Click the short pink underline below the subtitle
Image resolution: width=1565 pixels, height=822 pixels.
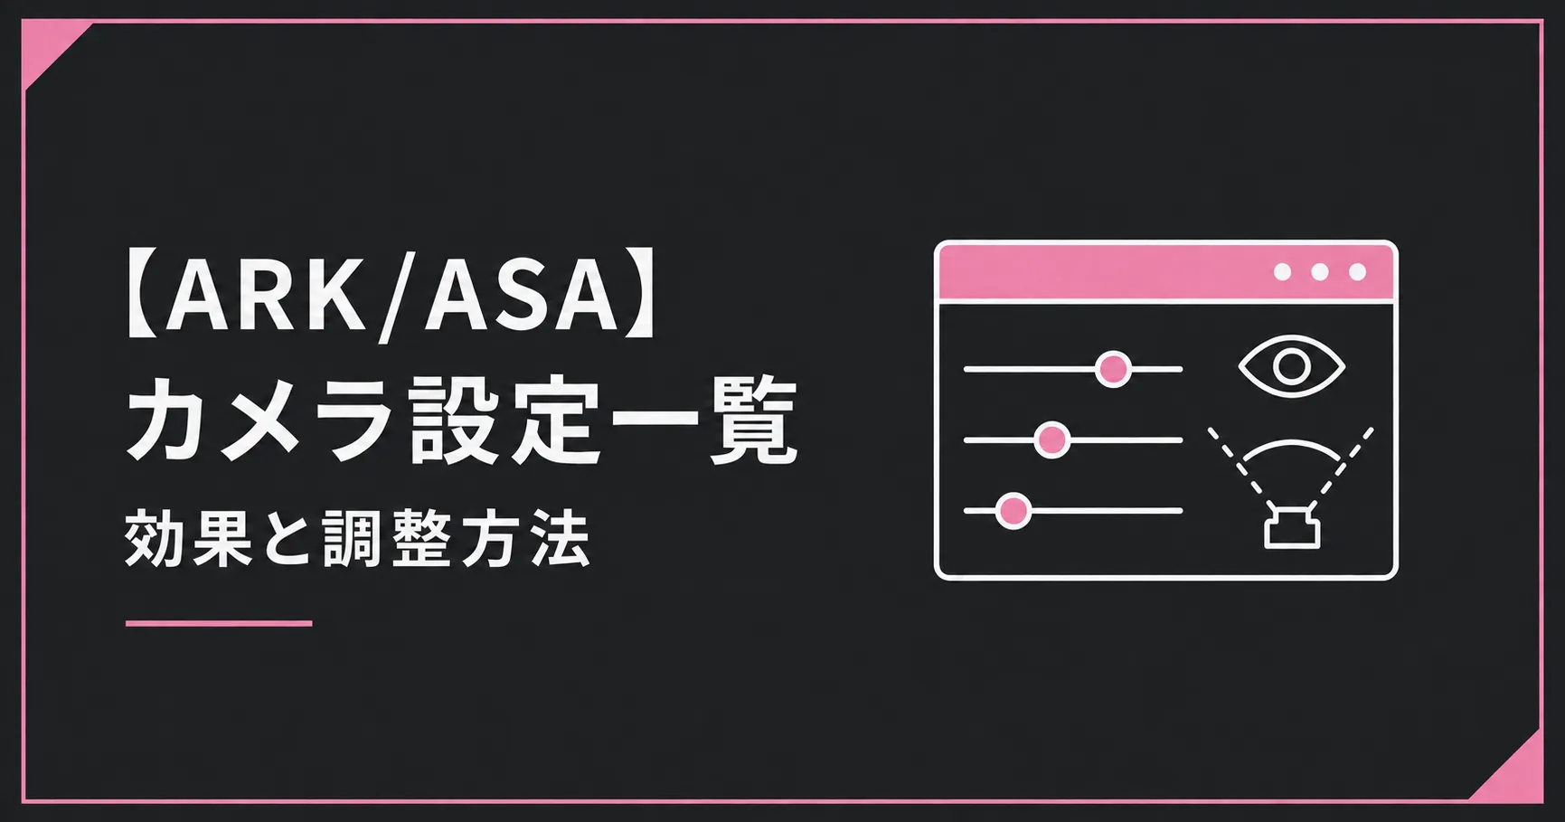(219, 623)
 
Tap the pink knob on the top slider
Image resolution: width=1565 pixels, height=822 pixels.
(1113, 369)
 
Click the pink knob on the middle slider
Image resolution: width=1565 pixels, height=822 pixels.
(1051, 440)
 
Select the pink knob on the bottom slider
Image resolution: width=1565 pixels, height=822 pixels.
(1013, 511)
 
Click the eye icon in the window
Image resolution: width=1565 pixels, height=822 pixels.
(1292, 366)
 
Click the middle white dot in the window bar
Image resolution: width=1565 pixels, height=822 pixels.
(1320, 272)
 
